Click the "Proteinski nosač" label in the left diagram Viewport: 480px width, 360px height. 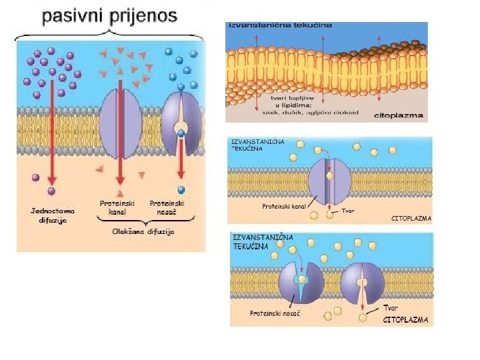pyautogui.click(x=167, y=207)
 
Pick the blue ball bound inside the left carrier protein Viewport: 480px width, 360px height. pyautogui.click(x=180, y=133)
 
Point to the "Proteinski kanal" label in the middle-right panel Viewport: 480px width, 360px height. pyautogui.click(x=283, y=207)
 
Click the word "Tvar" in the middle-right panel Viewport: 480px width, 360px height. pyautogui.click(x=348, y=211)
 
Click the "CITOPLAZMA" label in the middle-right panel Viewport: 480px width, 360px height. pyautogui.click(x=410, y=218)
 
